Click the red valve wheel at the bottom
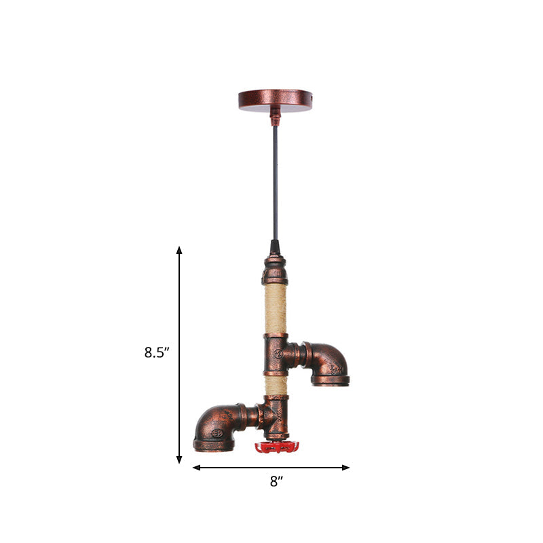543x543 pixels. [x=277, y=447]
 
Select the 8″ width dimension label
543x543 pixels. [x=275, y=483]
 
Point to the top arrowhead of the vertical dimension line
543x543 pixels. [x=179, y=250]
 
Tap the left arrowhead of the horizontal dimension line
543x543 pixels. [x=197, y=467]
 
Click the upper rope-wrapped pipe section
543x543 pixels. [x=274, y=308]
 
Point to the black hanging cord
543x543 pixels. [x=275, y=183]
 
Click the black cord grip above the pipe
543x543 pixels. [x=275, y=246]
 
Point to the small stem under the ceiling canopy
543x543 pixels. [x=275, y=119]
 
